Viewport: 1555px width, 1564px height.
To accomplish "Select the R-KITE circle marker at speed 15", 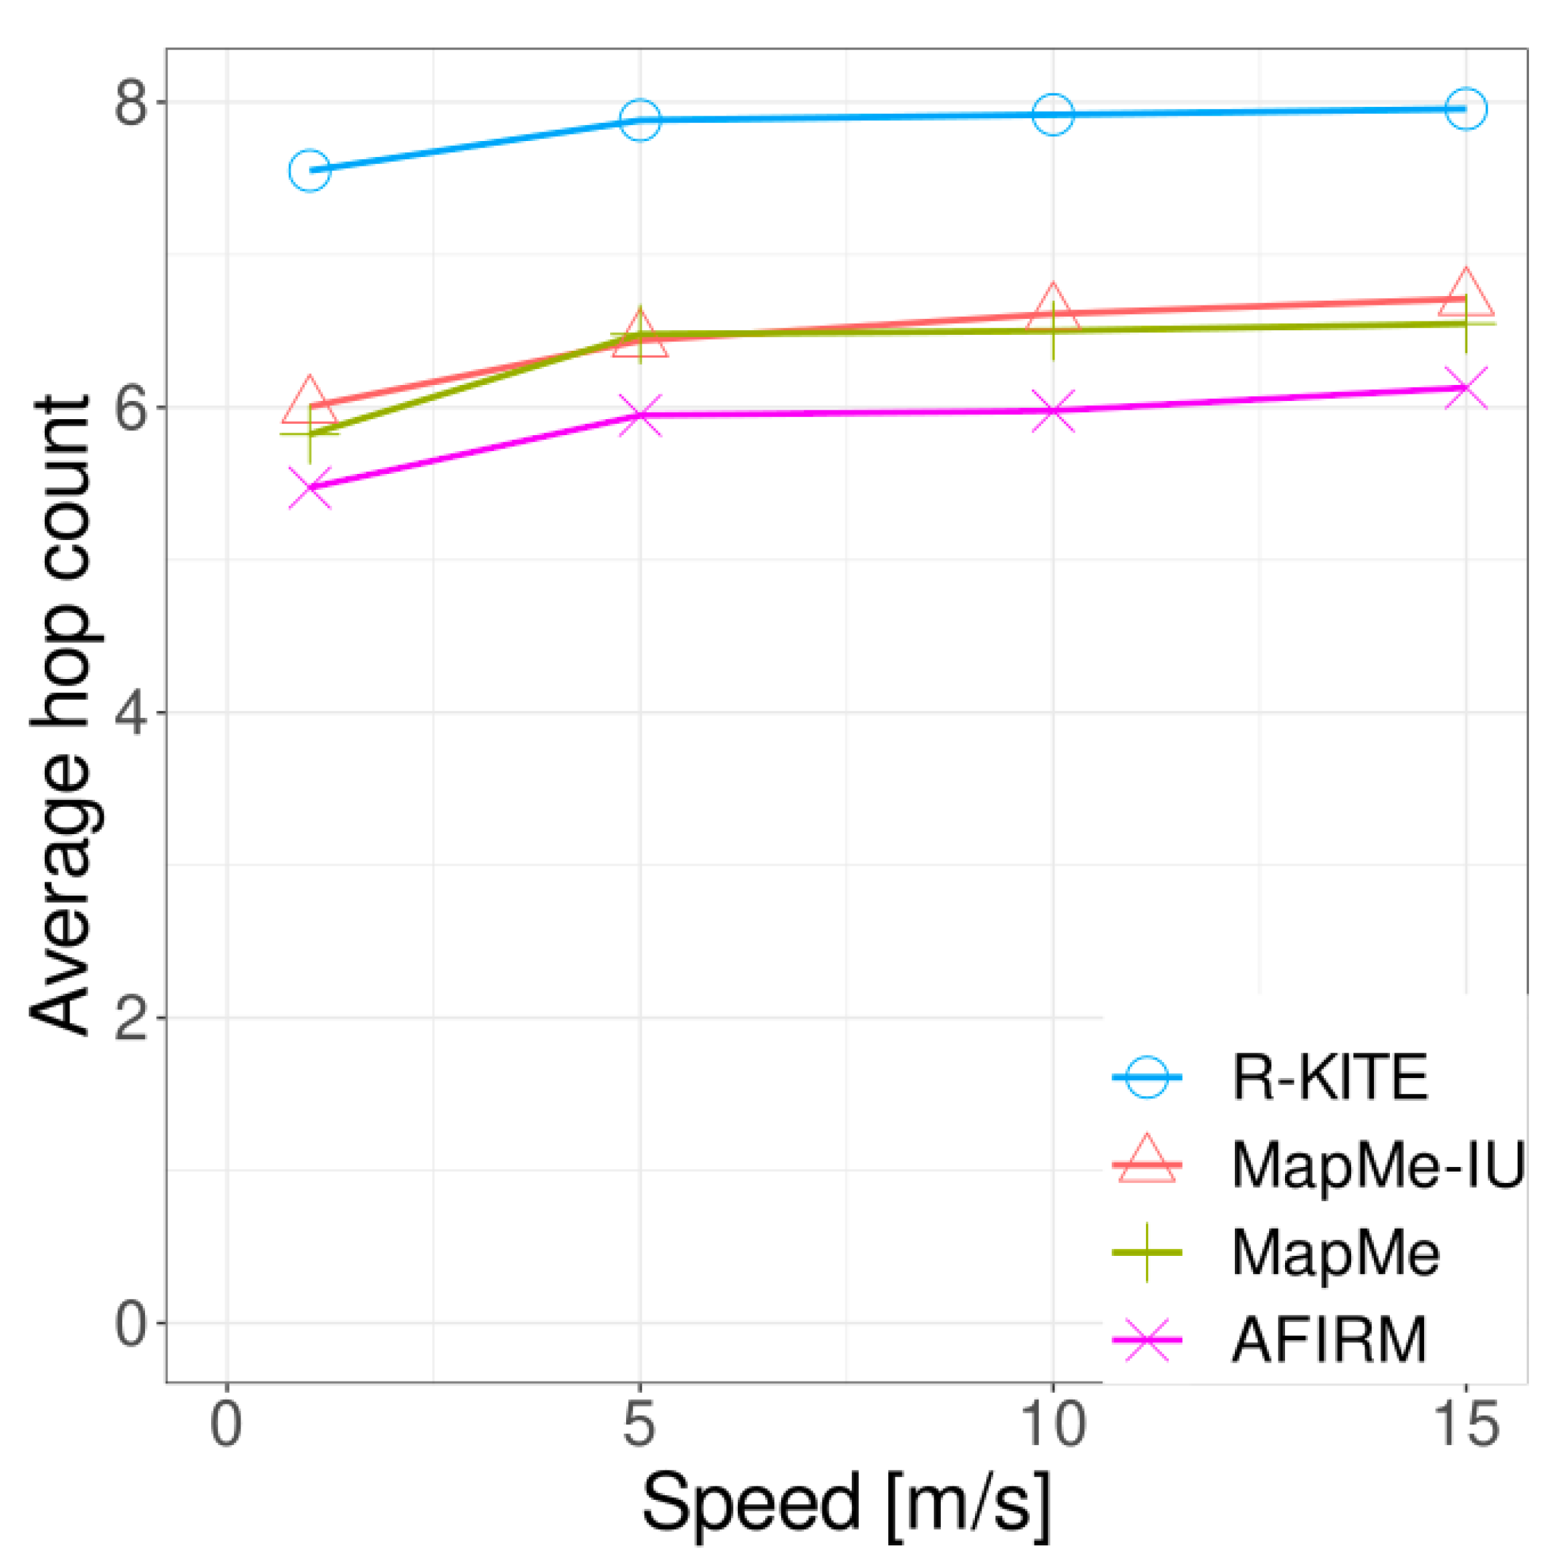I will point(1465,108).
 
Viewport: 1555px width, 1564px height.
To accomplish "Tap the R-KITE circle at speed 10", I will point(1052,114).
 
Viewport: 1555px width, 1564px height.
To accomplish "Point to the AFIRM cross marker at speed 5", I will point(640,415).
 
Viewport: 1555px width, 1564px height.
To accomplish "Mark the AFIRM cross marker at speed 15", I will point(1465,388).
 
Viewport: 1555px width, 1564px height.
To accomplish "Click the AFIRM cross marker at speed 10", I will point(1052,410).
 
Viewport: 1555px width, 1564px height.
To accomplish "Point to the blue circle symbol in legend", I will point(1146,1077).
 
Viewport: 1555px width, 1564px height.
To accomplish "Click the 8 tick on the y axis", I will point(132,103).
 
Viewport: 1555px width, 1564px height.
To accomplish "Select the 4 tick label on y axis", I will point(132,713).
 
